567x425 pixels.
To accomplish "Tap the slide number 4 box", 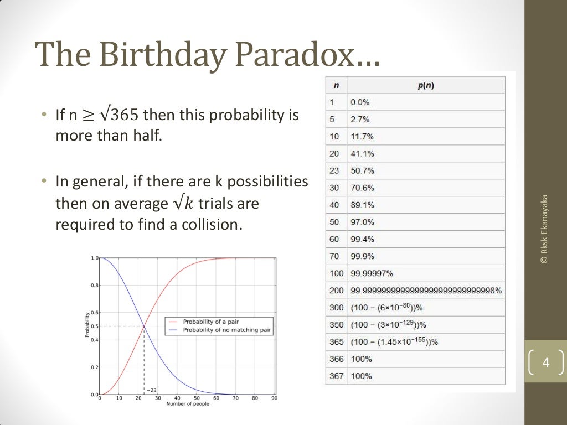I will (x=546, y=364).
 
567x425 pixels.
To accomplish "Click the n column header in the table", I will (x=337, y=85).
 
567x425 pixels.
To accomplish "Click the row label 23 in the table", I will (x=334, y=170).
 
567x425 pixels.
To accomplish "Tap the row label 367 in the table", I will (x=337, y=376).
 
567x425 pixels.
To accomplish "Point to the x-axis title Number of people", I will (x=188, y=404).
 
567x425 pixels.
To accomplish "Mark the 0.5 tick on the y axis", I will (x=94, y=326).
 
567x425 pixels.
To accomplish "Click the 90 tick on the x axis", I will (x=274, y=398).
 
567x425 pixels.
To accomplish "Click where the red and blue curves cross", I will (x=144, y=326).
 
